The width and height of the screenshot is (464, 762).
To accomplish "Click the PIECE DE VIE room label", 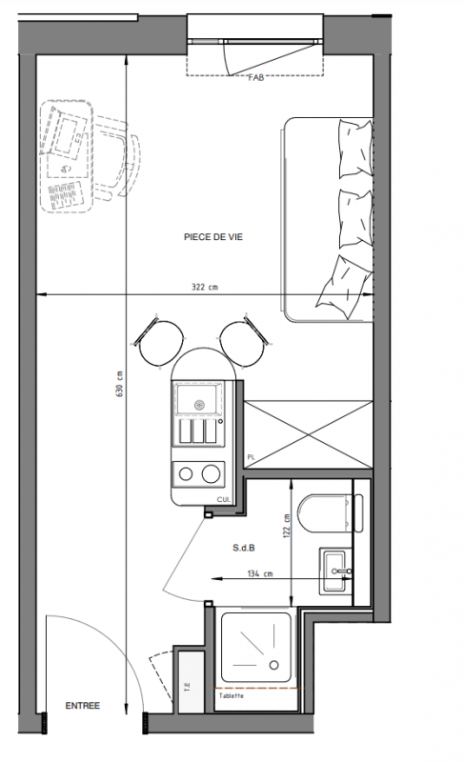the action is pyautogui.click(x=213, y=237).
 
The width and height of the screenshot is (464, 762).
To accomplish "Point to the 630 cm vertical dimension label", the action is pyautogui.click(x=119, y=384).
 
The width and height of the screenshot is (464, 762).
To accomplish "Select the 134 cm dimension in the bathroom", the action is pyautogui.click(x=260, y=574).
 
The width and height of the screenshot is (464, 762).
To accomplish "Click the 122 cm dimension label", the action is pyautogui.click(x=286, y=526).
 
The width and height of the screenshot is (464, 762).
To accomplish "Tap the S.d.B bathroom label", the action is pyautogui.click(x=243, y=549).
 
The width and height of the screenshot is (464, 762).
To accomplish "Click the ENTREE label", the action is pyautogui.click(x=83, y=706).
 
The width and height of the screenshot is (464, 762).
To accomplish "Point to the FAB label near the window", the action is pyautogui.click(x=256, y=77).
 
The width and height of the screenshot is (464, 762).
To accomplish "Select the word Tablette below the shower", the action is pyautogui.click(x=232, y=696).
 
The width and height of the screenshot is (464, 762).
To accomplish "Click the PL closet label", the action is pyautogui.click(x=252, y=457).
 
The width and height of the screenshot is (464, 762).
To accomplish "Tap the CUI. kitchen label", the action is pyautogui.click(x=224, y=499).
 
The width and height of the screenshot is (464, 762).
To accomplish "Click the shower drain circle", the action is pyautogui.click(x=274, y=665).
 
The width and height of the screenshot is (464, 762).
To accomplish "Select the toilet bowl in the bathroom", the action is pyautogui.click(x=324, y=513).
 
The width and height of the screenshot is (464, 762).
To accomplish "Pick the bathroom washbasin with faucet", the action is pyautogui.click(x=335, y=571).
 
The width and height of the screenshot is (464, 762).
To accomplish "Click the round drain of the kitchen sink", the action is pyautogui.click(x=200, y=404).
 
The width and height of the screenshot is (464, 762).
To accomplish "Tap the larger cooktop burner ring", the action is pyautogui.click(x=211, y=473).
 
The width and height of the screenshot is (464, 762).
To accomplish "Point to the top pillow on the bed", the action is pyautogui.click(x=355, y=149).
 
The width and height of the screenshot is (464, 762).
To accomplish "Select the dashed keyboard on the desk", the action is pyautogui.click(x=65, y=195).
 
